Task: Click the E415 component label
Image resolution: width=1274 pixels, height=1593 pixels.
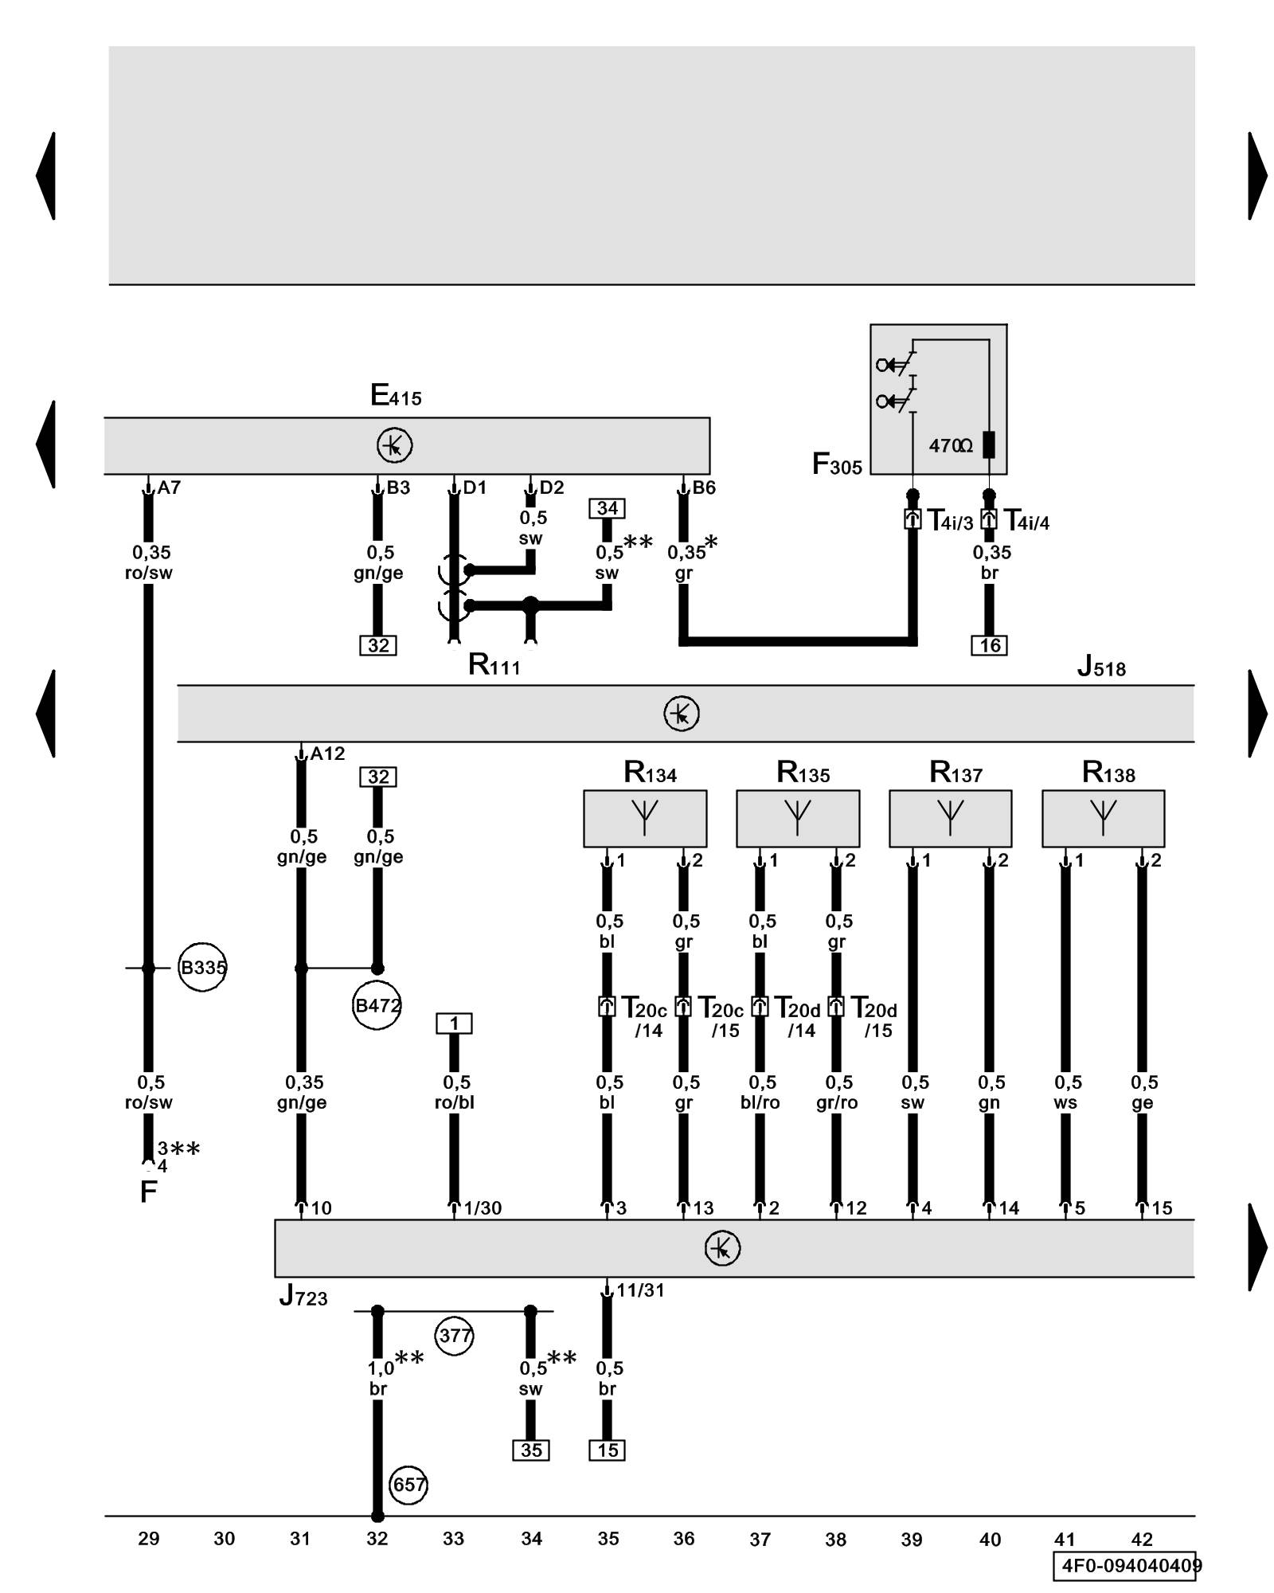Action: click(396, 395)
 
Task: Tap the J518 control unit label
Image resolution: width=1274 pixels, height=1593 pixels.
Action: click(1101, 666)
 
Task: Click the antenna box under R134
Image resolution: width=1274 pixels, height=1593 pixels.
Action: click(645, 818)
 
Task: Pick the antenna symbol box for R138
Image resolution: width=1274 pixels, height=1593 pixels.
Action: click(1103, 818)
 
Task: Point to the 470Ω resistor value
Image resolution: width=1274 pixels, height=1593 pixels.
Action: click(951, 446)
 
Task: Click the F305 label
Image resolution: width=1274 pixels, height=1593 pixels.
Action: click(837, 464)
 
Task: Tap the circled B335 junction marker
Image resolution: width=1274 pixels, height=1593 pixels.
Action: click(202, 968)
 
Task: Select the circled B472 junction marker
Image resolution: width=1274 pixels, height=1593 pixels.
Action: click(377, 1005)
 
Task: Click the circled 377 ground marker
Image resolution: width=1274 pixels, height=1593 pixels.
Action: click(455, 1335)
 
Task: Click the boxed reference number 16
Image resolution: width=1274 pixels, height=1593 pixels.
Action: click(989, 645)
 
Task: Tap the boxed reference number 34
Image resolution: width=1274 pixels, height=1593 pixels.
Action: click(607, 508)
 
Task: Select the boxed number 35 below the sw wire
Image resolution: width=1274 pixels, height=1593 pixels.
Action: click(531, 1450)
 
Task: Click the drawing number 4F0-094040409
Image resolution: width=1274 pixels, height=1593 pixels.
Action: click(1128, 1566)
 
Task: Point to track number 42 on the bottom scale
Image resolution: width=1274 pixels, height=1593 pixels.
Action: click(1141, 1539)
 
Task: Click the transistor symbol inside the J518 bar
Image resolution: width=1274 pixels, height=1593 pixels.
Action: click(682, 713)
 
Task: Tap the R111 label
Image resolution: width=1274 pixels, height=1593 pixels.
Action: click(494, 664)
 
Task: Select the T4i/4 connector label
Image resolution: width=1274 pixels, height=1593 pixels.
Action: click(1026, 522)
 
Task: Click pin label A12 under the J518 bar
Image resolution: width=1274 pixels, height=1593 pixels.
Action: click(327, 753)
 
